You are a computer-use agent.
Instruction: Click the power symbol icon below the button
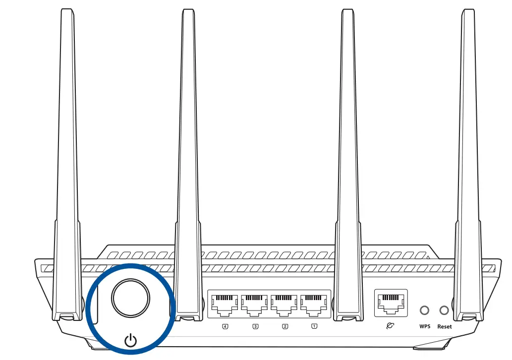[130, 340]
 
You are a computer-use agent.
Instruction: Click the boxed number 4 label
[226, 326]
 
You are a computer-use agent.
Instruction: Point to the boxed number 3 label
[255, 326]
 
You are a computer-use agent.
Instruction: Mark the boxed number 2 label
[284, 326]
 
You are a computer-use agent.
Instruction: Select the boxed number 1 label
[314, 326]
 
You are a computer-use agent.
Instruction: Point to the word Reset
[445, 327]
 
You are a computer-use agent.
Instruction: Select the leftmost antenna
[67, 163]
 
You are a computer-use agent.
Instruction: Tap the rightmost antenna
[468, 163]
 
